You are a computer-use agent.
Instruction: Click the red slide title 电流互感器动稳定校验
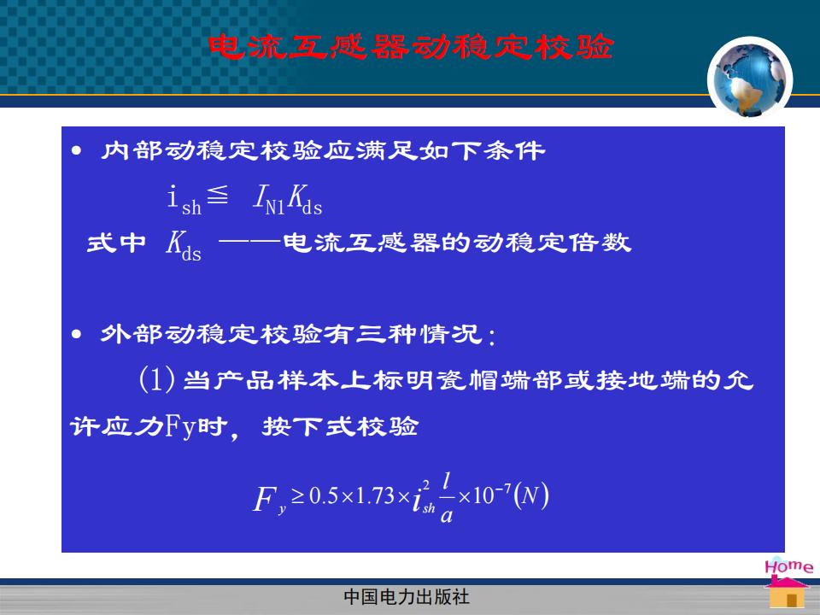pyautogui.click(x=411, y=47)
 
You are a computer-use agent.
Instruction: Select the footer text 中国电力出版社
pyautogui.click(x=407, y=597)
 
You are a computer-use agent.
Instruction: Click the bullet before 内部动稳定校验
pyautogui.click(x=77, y=151)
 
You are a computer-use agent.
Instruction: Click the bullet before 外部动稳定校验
pyautogui.click(x=77, y=334)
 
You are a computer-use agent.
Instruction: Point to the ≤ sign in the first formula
pyautogui.click(x=218, y=195)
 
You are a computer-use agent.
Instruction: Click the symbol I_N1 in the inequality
pyautogui.click(x=269, y=199)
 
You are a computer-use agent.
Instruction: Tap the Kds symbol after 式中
pyautogui.click(x=184, y=245)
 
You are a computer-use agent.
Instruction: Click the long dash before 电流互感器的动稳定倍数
pyautogui.click(x=250, y=242)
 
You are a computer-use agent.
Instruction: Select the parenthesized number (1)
pyautogui.click(x=157, y=379)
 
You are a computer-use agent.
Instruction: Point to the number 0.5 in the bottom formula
pyautogui.click(x=324, y=495)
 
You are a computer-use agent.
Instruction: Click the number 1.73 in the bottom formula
pyautogui.click(x=375, y=495)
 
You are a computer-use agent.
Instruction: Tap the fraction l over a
pyautogui.click(x=447, y=497)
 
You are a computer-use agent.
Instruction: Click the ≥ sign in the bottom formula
pyautogui.click(x=298, y=495)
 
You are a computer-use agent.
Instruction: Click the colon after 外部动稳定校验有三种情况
pyautogui.click(x=491, y=336)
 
